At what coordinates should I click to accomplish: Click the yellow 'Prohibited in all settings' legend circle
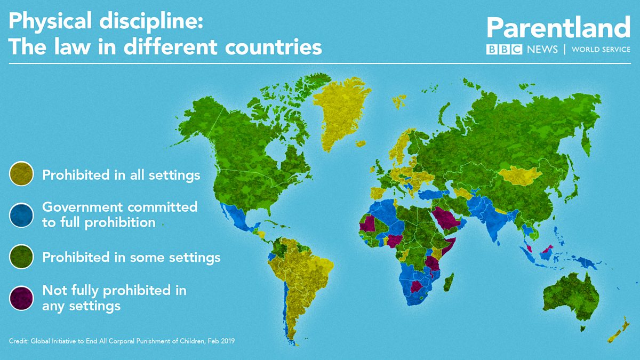(x=21, y=174)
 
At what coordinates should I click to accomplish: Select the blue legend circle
(x=21, y=215)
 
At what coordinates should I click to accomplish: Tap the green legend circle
(x=21, y=258)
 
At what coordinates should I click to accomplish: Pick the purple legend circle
(x=21, y=298)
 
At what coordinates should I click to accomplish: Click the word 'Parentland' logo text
(x=558, y=28)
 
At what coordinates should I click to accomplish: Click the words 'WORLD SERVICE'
(x=601, y=50)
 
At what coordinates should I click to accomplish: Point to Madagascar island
(x=449, y=282)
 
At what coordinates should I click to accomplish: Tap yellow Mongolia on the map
(x=520, y=175)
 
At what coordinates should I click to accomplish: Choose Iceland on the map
(x=398, y=101)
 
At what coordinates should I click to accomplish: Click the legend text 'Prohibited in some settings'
(x=131, y=258)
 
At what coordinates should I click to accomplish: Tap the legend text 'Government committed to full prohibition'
(x=119, y=214)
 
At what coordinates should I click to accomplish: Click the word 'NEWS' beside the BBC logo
(x=542, y=50)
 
